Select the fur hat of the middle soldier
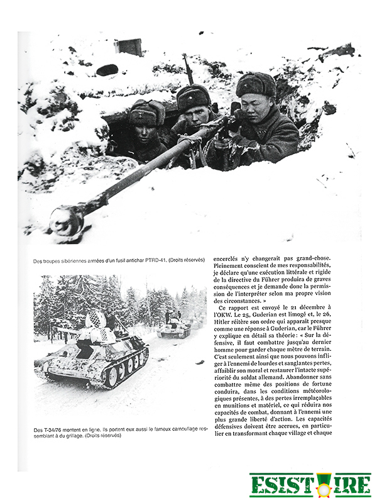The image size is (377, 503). (x=194, y=96)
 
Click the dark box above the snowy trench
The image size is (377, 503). (x=129, y=47)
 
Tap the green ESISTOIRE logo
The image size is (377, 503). (x=310, y=485)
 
